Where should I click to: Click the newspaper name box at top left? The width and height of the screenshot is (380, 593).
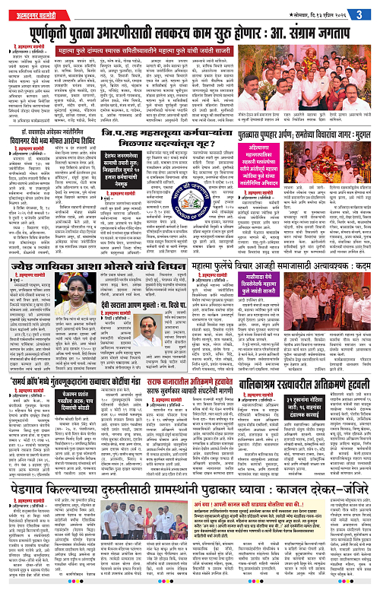(x=30, y=8)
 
